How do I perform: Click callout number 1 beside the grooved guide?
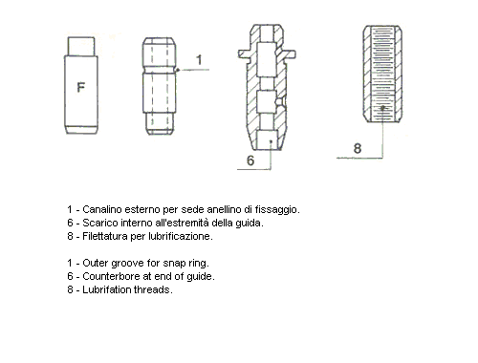[x=199, y=60]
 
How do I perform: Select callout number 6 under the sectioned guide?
[x=250, y=161]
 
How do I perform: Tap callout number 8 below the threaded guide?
[x=357, y=148]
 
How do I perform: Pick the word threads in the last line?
[x=155, y=289]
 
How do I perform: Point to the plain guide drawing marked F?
[x=81, y=87]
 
